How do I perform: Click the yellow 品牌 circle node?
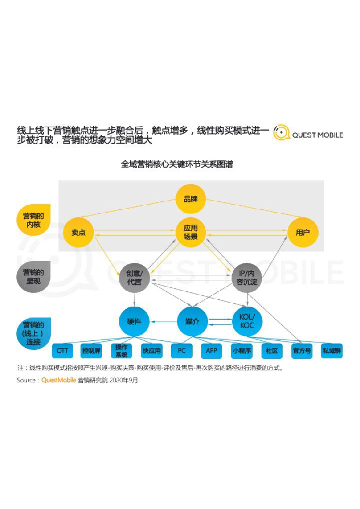point(190,199)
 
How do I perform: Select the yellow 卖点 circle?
point(79,232)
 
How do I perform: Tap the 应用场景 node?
point(190,232)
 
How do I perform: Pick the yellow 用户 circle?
point(303,232)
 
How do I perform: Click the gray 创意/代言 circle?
point(134,277)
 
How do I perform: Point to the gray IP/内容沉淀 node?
point(247,277)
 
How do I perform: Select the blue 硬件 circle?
point(134,322)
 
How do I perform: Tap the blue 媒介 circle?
point(192,322)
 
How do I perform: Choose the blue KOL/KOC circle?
point(247,322)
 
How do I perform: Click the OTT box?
point(63,350)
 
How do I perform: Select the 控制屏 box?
point(92,350)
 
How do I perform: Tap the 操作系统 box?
point(122,350)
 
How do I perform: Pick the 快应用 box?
point(152,350)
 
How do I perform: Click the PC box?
point(181,350)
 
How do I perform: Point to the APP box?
point(211,350)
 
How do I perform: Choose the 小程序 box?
point(242,350)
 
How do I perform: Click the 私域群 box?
point(332,350)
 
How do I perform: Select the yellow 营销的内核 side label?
point(33,220)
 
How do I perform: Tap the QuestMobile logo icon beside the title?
point(281,133)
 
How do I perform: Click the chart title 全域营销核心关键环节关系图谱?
point(177,164)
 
